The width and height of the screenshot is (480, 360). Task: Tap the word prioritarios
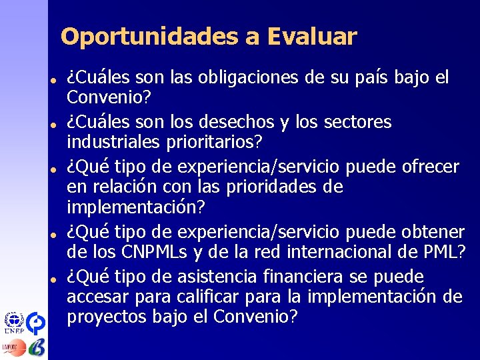coord(225,143)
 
